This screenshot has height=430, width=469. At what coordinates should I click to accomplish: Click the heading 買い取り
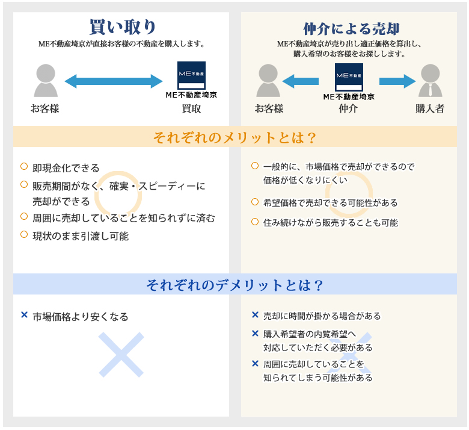(123, 27)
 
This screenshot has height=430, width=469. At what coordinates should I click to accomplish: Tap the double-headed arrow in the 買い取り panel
(114, 81)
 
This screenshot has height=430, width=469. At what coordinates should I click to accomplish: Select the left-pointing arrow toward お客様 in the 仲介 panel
(301, 81)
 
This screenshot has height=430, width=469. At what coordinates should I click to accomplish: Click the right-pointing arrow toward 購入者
(397, 81)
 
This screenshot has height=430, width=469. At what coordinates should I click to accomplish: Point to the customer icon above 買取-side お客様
(46, 81)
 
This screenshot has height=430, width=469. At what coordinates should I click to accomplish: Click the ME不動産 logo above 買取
(191, 76)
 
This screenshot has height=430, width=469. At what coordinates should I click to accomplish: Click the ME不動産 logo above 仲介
(349, 76)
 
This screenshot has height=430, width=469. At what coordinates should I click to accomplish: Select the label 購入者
(430, 109)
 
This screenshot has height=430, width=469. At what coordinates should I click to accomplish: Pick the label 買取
(191, 109)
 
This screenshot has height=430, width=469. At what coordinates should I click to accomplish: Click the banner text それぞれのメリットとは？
(234, 137)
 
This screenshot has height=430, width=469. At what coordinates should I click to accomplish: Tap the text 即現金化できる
(66, 168)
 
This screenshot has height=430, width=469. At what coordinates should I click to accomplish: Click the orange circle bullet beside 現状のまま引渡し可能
(24, 234)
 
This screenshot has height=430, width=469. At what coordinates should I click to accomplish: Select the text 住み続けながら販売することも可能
(330, 222)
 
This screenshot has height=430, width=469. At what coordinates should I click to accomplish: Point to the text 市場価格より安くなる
(81, 316)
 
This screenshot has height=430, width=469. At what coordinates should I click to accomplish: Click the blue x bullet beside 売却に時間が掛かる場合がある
(255, 315)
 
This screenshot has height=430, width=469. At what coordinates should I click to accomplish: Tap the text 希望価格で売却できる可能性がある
(330, 202)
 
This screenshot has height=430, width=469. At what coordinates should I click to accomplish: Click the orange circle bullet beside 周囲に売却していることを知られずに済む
(24, 216)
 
